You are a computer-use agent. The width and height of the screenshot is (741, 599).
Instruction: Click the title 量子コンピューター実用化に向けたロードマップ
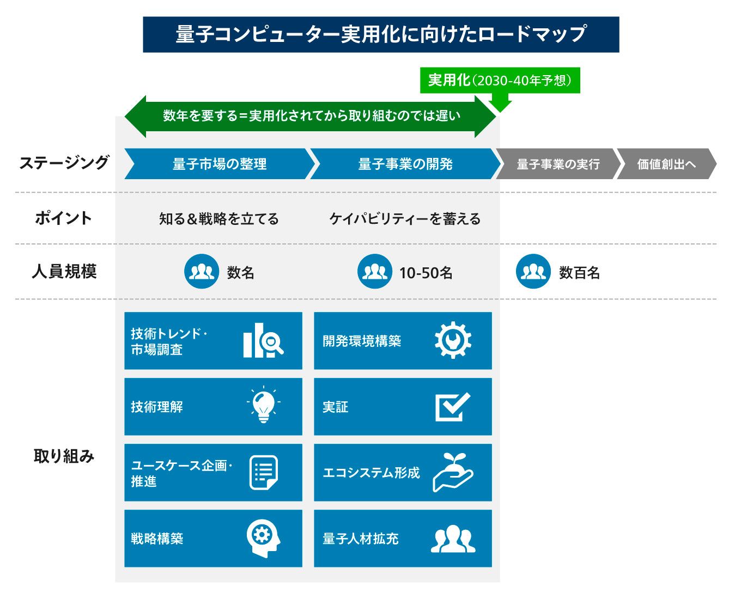coord(381,34)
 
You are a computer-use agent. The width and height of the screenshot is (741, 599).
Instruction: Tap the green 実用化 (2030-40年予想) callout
coord(500,81)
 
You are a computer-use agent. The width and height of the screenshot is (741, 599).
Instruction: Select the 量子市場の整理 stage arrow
coord(220,164)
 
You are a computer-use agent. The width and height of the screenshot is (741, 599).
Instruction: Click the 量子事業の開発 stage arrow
coord(405,164)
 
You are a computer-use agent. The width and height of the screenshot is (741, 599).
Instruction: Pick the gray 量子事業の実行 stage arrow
coord(558,164)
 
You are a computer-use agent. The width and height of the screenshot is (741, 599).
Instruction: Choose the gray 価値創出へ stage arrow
coord(666,164)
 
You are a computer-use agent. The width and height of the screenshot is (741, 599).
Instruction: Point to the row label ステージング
coord(64,163)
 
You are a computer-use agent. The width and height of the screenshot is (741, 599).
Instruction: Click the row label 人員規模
coord(64,271)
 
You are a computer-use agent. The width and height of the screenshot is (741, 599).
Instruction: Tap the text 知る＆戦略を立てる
coord(219,219)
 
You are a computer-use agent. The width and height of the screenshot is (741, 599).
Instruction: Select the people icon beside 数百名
coord(533,271)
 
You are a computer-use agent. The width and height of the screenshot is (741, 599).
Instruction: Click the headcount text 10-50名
coord(426,273)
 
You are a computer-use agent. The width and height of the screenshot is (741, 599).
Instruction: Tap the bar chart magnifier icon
coord(263,341)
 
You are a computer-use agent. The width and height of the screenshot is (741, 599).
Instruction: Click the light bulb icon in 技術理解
coord(264,406)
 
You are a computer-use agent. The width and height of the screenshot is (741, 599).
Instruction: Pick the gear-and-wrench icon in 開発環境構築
coord(453,341)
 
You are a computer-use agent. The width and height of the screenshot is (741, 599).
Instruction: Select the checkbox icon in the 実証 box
coord(453,407)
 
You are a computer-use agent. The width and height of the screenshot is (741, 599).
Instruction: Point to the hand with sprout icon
coord(453,472)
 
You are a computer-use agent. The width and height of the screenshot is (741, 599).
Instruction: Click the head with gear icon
coord(264,538)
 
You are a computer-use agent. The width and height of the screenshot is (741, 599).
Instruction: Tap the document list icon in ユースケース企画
coord(264,472)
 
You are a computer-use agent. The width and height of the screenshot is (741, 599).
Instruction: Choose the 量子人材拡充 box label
coord(361,539)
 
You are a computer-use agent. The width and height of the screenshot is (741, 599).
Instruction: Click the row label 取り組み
coord(64,456)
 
